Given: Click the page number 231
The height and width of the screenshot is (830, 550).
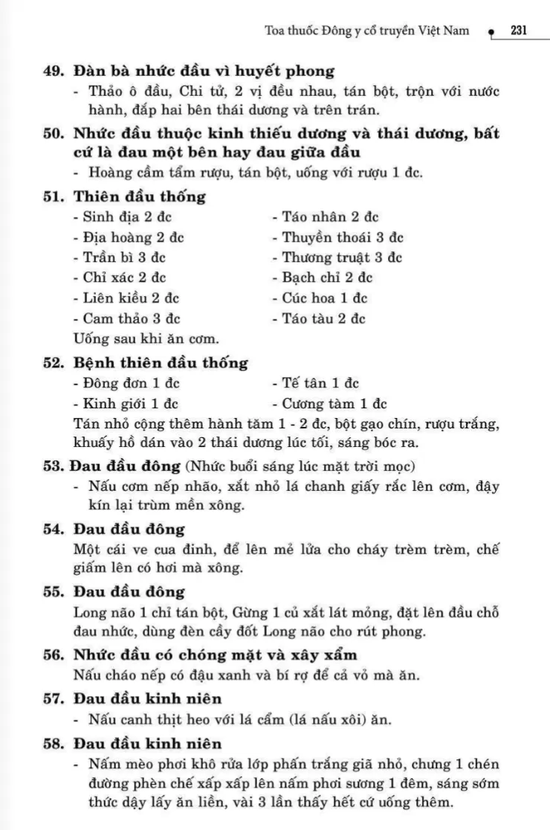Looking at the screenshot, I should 518,30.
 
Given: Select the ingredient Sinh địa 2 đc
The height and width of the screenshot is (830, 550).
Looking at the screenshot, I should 127,217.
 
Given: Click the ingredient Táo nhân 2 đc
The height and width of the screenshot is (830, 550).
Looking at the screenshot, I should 325,217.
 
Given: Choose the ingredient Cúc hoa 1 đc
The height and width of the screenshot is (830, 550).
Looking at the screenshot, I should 320,298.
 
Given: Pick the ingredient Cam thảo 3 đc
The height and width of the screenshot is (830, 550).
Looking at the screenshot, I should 127,318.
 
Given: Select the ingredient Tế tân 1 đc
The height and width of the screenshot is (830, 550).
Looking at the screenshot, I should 316,384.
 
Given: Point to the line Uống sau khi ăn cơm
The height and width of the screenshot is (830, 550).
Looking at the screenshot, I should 146,339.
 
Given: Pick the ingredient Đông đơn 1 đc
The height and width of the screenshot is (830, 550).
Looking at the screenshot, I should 127,384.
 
